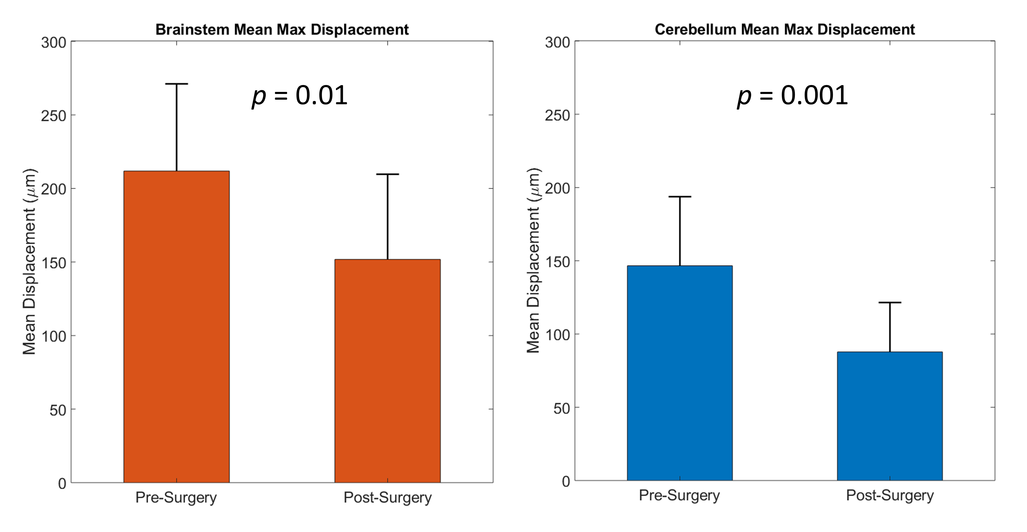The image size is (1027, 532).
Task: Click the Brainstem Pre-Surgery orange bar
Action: (x=176, y=327)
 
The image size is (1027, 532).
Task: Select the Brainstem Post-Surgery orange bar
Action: (x=387, y=370)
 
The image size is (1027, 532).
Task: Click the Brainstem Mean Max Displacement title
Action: (x=282, y=30)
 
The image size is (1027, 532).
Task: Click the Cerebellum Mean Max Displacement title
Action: (x=785, y=30)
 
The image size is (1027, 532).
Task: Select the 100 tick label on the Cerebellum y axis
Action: (x=557, y=335)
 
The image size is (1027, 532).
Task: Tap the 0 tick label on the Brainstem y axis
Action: (x=62, y=484)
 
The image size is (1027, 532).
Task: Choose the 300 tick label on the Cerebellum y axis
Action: (x=557, y=43)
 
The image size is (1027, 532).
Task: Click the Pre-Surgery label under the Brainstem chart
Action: (x=176, y=497)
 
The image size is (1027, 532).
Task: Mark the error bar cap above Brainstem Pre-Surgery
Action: (x=176, y=84)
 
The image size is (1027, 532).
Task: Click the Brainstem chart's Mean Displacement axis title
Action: (x=29, y=262)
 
